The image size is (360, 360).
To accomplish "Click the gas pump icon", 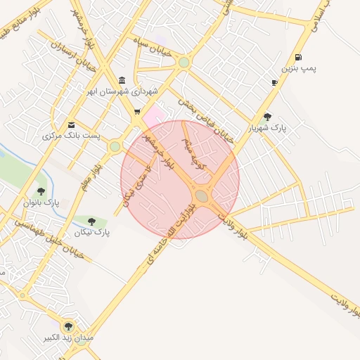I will tap(300, 58).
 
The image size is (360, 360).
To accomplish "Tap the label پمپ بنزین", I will tap(300, 68).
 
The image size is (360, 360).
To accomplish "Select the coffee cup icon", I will tap(274, 82).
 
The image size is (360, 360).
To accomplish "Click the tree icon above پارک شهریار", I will tap(267, 117).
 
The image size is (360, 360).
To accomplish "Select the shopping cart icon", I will tap(136, 111).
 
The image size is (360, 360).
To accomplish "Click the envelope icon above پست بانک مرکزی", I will tap(70, 125).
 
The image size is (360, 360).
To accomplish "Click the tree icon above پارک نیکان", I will tap(91, 221).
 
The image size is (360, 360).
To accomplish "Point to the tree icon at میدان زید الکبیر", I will tap(68, 326).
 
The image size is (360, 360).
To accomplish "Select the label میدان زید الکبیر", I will tap(68, 337).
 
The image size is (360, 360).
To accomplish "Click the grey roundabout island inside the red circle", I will tap(202, 195).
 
